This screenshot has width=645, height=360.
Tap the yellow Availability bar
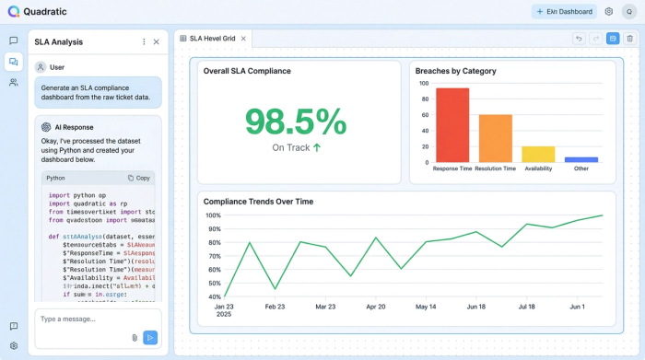(x=538, y=154)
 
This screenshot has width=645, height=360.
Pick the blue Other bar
(x=581, y=159)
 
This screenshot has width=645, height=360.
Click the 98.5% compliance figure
(x=296, y=122)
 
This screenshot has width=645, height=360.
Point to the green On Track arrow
(x=317, y=147)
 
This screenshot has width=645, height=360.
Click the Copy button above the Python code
(x=139, y=178)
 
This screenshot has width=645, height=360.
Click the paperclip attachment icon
(x=135, y=338)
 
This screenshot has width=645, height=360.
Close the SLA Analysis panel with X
(x=156, y=41)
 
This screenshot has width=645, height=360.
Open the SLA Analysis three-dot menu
(x=144, y=41)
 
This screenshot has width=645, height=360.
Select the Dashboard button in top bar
(x=564, y=11)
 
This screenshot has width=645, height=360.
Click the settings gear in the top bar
(x=609, y=11)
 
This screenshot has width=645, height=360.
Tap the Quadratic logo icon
(x=13, y=11)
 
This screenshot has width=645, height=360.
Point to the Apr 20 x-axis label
(x=376, y=307)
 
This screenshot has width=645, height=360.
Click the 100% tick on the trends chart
(x=214, y=215)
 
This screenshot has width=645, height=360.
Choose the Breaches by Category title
(x=455, y=71)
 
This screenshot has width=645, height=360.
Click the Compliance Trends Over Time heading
(x=258, y=201)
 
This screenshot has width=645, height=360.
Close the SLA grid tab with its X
(x=243, y=39)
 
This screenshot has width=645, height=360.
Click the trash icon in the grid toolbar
(x=629, y=39)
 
